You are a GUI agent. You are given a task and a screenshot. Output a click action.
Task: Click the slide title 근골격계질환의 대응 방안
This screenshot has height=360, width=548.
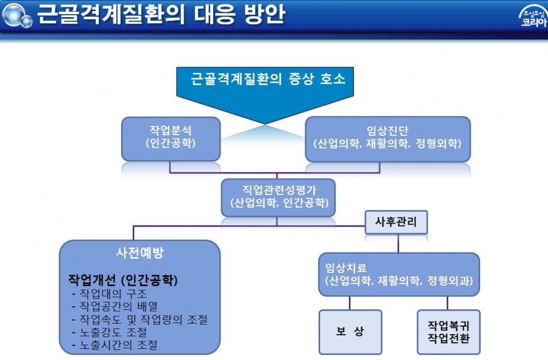tap(161, 14)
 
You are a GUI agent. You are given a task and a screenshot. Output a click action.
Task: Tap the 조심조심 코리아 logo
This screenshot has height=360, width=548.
tap(533, 17)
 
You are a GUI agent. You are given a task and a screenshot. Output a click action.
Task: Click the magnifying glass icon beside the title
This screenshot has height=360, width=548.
tap(17, 15)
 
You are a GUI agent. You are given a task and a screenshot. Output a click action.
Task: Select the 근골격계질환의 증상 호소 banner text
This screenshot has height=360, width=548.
tap(268, 78)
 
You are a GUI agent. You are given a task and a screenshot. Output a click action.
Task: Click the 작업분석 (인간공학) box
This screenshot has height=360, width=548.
tap(171, 139)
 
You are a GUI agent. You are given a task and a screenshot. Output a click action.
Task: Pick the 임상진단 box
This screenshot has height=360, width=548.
tap(387, 139)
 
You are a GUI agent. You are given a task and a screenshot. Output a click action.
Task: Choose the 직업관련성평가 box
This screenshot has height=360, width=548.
tap(278, 198)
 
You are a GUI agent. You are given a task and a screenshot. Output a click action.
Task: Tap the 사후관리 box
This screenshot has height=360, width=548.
tap(396, 222)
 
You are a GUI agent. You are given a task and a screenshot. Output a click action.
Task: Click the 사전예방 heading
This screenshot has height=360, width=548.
tap(140, 253)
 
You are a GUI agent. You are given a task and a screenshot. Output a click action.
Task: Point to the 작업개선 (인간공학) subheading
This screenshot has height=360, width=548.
tap(123, 280)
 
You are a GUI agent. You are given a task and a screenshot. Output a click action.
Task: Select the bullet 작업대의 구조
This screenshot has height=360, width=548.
tap(109, 294)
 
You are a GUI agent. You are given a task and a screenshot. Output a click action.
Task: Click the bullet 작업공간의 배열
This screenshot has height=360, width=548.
tap(115, 306)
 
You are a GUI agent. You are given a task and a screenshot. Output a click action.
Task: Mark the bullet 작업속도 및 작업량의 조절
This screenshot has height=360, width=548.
tap(140, 319)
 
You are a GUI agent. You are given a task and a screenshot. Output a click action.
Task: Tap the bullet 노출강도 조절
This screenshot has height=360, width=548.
tap(109, 332)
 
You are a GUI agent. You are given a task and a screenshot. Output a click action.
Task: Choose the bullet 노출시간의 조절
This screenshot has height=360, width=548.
tap(115, 345)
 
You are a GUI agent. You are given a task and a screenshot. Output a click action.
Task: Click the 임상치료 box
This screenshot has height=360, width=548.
tap(398, 274)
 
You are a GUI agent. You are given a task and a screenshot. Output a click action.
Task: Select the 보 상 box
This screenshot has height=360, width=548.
tap(350, 332)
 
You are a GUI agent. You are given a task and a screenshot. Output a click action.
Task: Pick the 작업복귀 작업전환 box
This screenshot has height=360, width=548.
tap(449, 332)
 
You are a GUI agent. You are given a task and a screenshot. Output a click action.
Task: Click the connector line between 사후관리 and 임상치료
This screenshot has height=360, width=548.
tap(398, 243)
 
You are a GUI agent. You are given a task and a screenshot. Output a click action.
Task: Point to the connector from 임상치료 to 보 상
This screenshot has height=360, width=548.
tap(350, 303)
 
